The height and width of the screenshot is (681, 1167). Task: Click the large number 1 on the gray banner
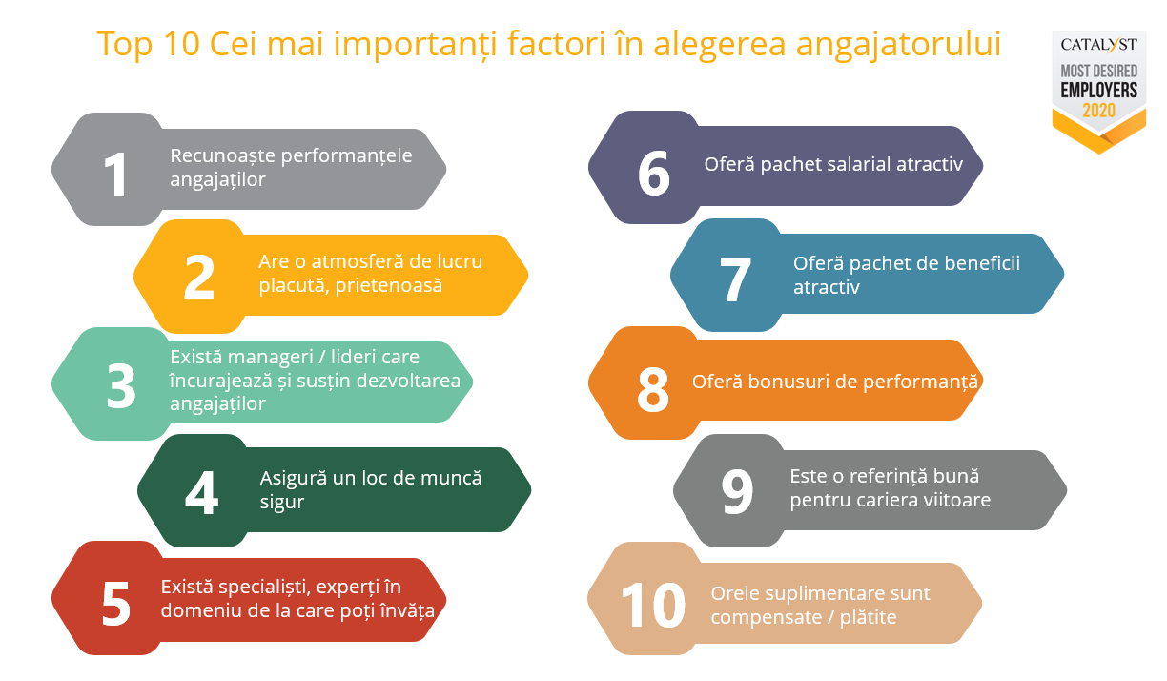click(115, 175)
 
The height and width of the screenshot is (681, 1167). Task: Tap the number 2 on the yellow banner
click(199, 277)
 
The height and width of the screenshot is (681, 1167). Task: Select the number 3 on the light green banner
click(121, 386)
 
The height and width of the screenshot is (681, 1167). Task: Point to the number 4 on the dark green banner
click(201, 492)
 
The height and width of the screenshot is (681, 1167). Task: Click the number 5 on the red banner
click(115, 604)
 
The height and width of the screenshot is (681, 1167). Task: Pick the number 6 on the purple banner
click(653, 173)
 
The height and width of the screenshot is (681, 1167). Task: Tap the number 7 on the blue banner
click(735, 279)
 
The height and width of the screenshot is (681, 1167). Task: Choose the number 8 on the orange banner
click(653, 389)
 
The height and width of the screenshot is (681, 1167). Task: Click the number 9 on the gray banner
click(737, 491)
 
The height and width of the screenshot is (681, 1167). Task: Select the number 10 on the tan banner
click(653, 605)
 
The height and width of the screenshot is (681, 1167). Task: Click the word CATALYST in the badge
click(1098, 45)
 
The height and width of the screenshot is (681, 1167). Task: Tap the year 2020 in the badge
click(1098, 111)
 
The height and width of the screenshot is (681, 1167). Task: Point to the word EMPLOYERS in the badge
click(1098, 91)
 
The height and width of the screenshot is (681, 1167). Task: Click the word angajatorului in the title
click(898, 45)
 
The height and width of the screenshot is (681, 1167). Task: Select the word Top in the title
click(125, 45)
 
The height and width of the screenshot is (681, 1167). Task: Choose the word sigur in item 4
click(282, 503)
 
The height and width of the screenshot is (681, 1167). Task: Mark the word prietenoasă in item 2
click(389, 285)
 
